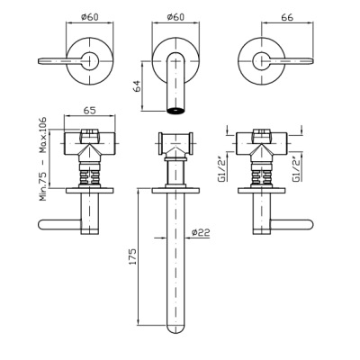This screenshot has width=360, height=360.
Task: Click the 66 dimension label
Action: [x=287, y=17]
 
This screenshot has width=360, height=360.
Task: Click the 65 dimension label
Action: [x=89, y=111]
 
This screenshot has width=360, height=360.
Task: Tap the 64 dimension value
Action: [x=136, y=86]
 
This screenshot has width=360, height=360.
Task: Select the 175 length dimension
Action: [x=132, y=256]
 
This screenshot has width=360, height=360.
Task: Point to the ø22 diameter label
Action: [x=201, y=232]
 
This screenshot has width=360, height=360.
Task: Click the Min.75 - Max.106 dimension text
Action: [x=43, y=159]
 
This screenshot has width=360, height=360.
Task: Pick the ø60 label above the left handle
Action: [x=90, y=17]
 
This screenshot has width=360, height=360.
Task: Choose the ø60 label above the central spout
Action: [x=175, y=17]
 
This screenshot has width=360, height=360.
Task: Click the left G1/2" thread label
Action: [x=222, y=169]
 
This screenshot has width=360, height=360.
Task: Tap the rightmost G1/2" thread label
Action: [x=297, y=169]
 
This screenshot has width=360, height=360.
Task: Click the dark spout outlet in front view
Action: [x=175, y=110]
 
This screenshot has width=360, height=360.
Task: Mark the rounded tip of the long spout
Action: [x=175, y=329]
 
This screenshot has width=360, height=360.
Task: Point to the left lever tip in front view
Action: [x=40, y=61]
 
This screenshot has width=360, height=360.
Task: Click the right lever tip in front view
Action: [x=312, y=61]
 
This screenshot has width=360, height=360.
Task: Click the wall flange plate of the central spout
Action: [x=175, y=190]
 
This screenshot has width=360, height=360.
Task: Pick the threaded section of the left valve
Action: [x=90, y=177]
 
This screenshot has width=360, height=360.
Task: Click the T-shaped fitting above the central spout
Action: [x=175, y=144]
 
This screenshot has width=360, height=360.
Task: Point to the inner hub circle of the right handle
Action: [x=262, y=61]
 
